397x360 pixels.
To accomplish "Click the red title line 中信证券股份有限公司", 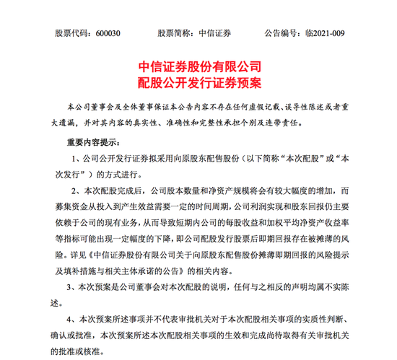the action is pyautogui.click(x=198, y=66).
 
